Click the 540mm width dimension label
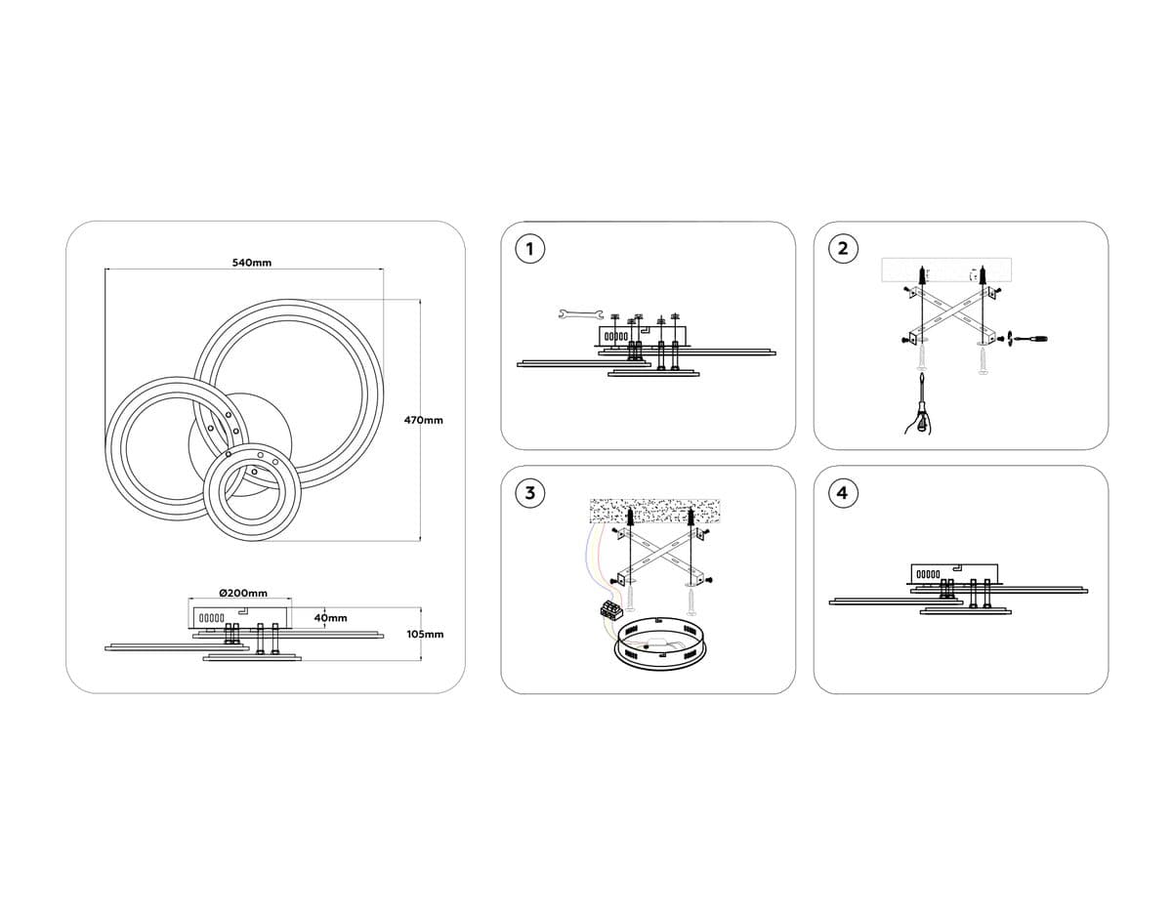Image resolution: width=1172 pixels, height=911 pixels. (252, 263)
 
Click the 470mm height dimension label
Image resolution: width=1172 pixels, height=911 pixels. (424, 420)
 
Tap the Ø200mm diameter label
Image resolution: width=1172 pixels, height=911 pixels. (243, 593)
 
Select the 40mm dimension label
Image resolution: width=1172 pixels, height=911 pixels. (331, 618)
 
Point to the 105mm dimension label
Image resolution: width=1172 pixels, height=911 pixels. (425, 634)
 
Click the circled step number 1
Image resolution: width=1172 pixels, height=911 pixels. (529, 249)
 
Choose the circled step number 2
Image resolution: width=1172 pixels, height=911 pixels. (843, 249)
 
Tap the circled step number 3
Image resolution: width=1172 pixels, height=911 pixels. (529, 493)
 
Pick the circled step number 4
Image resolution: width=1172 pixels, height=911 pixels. (843, 493)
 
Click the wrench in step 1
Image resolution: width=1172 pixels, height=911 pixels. (580, 314)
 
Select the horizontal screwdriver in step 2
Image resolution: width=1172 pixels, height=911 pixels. (1030, 339)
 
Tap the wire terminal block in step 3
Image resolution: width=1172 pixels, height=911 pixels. (611, 608)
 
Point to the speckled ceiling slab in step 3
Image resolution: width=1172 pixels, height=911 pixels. (654, 511)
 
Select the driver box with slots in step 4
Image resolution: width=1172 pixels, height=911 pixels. (954, 573)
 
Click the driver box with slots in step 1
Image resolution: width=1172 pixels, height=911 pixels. (642, 335)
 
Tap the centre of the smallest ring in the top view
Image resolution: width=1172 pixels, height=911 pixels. (254, 491)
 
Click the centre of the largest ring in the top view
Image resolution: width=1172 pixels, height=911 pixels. (288, 394)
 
